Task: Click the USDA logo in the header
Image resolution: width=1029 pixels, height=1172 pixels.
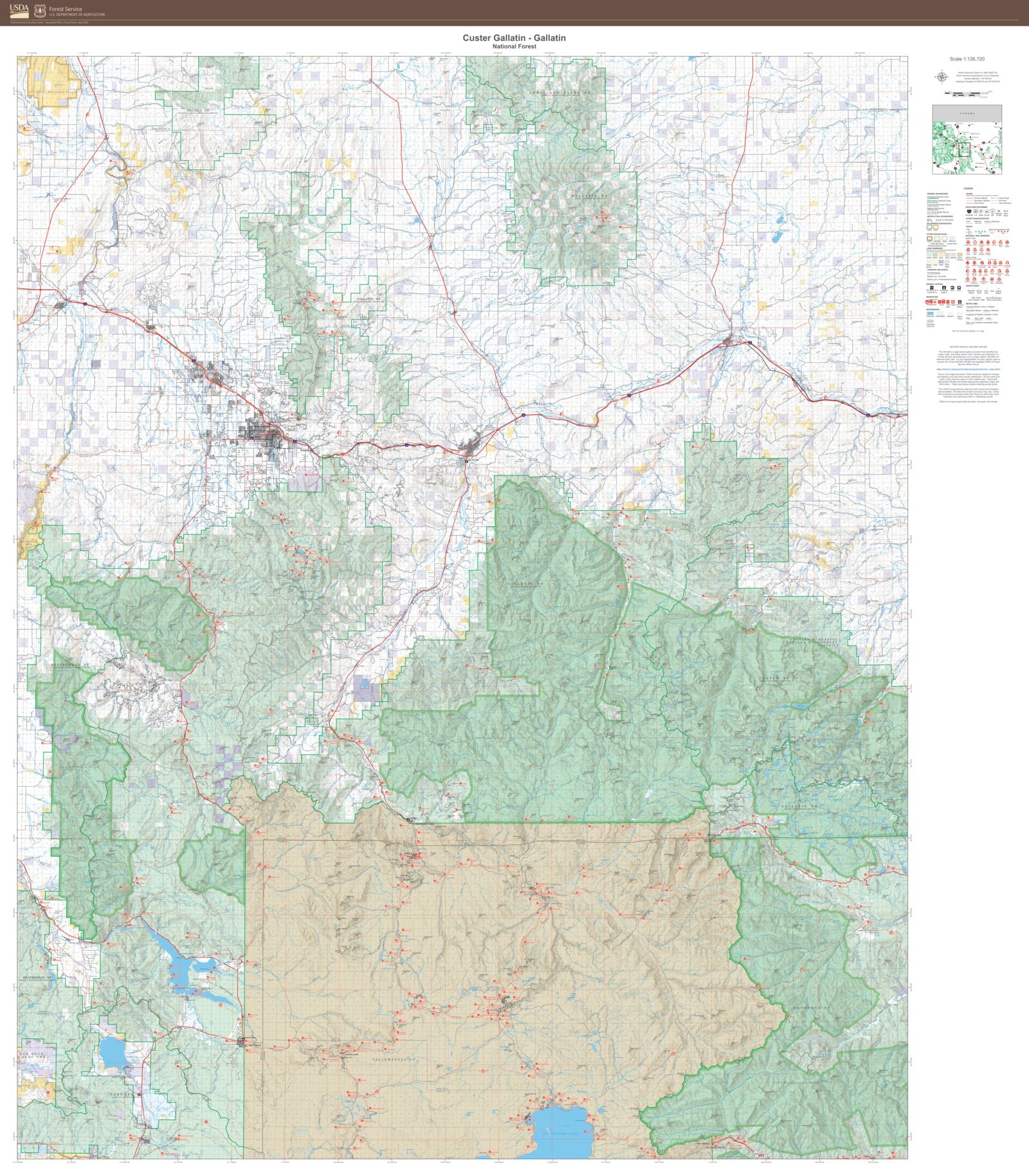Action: [x=19, y=10]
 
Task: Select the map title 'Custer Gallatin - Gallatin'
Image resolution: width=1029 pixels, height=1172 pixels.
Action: [x=514, y=38]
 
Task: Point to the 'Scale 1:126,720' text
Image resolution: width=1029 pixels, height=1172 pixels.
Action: [x=967, y=59]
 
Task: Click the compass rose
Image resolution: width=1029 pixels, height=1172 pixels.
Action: [x=942, y=78]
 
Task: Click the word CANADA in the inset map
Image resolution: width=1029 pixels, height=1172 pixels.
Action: [x=967, y=113]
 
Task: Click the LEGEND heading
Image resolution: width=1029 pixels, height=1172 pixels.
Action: [x=968, y=188]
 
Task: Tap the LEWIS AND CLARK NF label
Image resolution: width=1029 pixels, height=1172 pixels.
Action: [x=559, y=93]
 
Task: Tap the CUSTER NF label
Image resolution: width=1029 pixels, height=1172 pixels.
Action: [x=778, y=678]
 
